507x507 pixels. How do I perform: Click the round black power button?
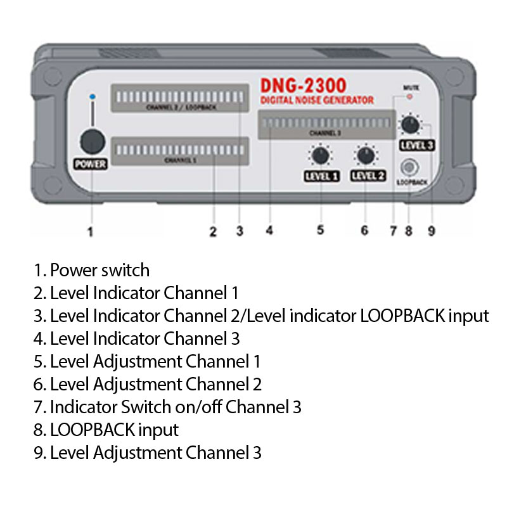tap(92, 140)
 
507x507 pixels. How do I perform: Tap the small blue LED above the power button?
tap(92, 96)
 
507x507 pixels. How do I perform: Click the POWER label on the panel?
tap(92, 164)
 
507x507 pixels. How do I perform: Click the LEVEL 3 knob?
tap(411, 124)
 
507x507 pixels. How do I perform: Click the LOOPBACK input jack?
tap(410, 167)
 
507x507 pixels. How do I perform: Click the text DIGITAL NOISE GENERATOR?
tap(317, 101)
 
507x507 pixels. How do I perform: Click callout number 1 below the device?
tap(91, 231)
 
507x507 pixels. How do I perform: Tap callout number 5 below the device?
tap(321, 231)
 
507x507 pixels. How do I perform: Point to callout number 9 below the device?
tap(431, 231)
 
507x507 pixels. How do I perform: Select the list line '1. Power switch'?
tap(92, 270)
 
